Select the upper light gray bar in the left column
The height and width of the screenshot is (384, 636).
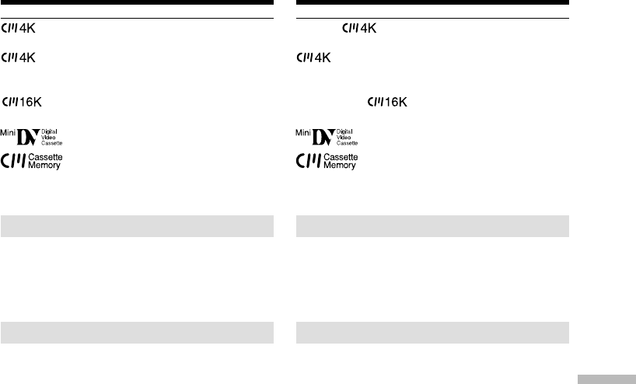[x=137, y=226]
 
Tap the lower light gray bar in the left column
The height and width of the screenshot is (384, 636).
[x=137, y=332]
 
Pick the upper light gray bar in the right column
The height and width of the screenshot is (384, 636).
[x=432, y=226]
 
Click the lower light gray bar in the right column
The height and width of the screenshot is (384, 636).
[x=432, y=332]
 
